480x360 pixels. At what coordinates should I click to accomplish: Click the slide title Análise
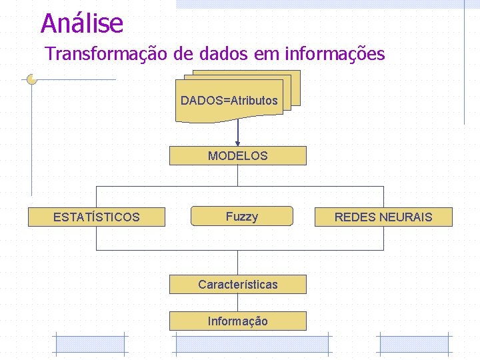pyautogui.click(x=82, y=23)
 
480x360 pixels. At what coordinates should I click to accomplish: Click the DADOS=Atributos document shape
pyautogui.click(x=229, y=101)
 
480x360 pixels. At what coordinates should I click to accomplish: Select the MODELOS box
pyautogui.click(x=238, y=156)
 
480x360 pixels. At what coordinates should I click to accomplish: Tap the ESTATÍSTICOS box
pyautogui.click(x=96, y=217)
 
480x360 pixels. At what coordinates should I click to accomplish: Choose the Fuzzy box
pyautogui.click(x=241, y=217)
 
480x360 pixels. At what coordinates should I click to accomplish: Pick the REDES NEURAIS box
pyautogui.click(x=383, y=217)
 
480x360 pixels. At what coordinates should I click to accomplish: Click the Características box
pyautogui.click(x=238, y=285)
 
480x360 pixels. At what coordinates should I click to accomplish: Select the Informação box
pyautogui.click(x=238, y=321)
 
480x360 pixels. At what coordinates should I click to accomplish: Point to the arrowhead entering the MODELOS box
pyautogui.click(x=238, y=142)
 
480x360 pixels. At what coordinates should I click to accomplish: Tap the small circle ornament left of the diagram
pyautogui.click(x=31, y=79)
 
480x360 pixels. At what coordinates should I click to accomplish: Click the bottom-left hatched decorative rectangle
pyautogui.click(x=90, y=344)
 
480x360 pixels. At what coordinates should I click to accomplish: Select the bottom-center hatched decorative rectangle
pyautogui.click(x=251, y=344)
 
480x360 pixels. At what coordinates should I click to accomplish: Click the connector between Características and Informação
pyautogui.click(x=238, y=303)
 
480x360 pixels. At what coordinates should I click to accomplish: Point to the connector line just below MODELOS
pyautogui.click(x=238, y=175)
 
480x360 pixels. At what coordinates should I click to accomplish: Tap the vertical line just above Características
pyautogui.click(x=238, y=263)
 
